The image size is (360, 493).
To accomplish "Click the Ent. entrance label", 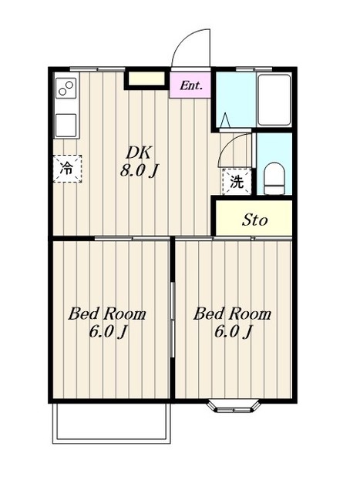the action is point(190,86).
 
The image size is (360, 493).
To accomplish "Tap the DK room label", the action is point(139,153).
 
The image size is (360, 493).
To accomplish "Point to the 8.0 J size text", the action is point(139,171).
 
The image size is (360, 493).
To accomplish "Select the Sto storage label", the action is point(254,220).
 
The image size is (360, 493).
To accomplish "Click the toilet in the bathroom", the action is point(274,179).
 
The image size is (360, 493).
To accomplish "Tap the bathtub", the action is point(274,100).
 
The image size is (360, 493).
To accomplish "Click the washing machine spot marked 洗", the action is point(237,182).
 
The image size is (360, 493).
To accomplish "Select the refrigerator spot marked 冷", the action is point(67,169).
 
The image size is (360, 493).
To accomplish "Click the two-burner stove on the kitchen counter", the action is point(66,88).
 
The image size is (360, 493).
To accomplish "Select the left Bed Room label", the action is point(107,314).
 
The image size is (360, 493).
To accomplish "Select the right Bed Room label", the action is point(232,314).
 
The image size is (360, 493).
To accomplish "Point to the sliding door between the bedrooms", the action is point(173,320).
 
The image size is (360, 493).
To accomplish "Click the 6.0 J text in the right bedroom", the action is point(233,332).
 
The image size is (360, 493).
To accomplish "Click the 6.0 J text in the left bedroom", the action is point(108,332).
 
